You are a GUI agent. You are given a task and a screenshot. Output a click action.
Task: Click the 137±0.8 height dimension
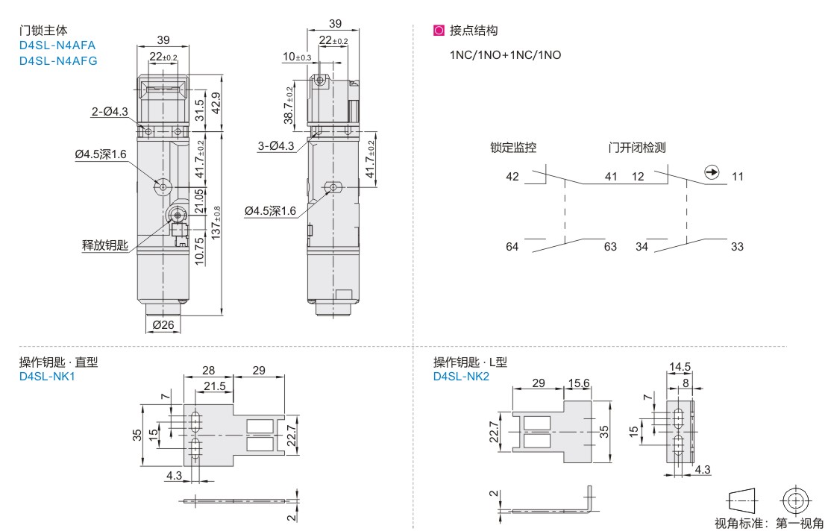[217, 221]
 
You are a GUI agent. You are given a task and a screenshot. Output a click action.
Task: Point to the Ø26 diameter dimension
[163, 325]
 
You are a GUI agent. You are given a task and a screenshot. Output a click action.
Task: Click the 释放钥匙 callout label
[105, 245]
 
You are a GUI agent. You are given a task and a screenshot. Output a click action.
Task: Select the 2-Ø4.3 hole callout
[110, 112]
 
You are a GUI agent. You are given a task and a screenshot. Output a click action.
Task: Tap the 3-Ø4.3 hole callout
[276, 146]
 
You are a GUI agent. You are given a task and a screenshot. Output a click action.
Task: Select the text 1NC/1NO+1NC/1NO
[505, 55]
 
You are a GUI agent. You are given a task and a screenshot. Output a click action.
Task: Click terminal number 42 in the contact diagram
[512, 177]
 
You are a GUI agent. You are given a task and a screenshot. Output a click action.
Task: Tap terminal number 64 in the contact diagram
[512, 247]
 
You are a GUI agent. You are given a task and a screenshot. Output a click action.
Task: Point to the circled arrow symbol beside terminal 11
[712, 174]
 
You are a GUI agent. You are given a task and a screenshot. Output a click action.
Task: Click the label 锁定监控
[513, 148]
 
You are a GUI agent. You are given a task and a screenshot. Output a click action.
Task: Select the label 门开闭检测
[636, 148]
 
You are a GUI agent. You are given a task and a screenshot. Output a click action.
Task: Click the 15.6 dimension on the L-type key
[579, 383]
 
